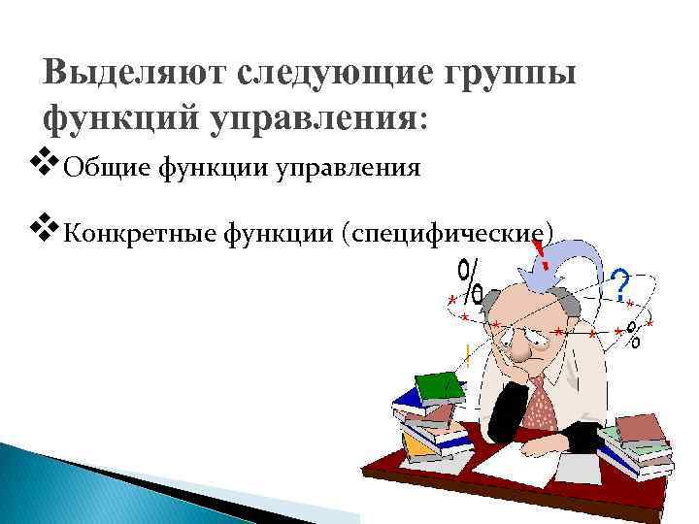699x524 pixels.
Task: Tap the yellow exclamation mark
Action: coord(468,353)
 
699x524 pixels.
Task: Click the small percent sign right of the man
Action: coord(634,335)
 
